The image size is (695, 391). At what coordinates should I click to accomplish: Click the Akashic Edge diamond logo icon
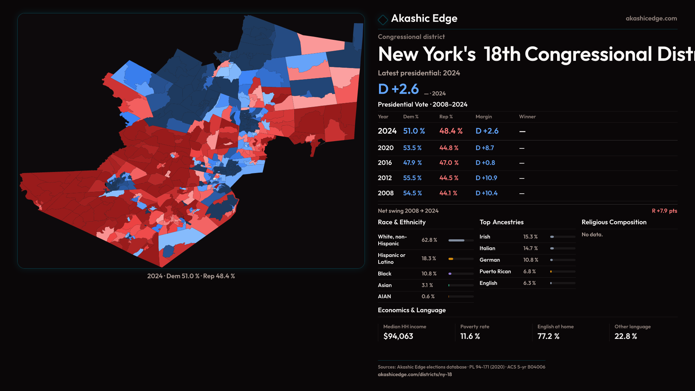[x=383, y=19]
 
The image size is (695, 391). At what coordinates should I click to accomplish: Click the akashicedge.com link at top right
[x=651, y=18]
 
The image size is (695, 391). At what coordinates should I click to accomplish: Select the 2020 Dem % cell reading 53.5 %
[x=412, y=148]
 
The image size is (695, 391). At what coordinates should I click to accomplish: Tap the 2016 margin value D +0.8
[x=485, y=163]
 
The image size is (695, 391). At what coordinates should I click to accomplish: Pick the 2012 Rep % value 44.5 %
[x=448, y=178]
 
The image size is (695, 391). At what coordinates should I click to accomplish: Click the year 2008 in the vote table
[x=386, y=193]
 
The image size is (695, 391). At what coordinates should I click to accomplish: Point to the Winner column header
[x=527, y=117]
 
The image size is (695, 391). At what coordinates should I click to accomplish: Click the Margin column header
[x=484, y=117]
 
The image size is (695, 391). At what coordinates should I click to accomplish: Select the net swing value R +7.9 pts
[x=664, y=211]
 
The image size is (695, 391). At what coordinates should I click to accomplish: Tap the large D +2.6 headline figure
[x=398, y=89]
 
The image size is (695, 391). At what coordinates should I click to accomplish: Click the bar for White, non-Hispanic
[x=461, y=240]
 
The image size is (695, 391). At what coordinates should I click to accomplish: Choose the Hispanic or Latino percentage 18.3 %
[x=429, y=258]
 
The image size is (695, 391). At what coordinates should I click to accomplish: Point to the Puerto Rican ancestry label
[x=495, y=272]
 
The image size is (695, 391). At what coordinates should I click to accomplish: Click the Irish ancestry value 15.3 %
[x=530, y=237]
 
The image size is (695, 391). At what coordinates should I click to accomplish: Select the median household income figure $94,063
[x=398, y=336]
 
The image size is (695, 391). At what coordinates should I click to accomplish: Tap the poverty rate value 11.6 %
[x=470, y=336]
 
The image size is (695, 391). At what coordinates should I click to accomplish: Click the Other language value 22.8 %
[x=625, y=336]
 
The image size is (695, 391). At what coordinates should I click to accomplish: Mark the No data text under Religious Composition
[x=592, y=235]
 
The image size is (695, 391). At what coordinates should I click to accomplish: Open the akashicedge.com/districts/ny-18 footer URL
[x=415, y=374]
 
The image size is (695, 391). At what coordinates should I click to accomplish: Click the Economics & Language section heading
[x=412, y=310]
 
